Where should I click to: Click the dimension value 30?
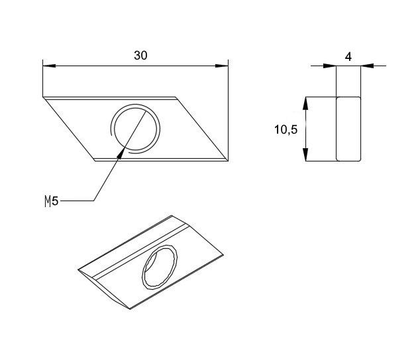coord(140,56)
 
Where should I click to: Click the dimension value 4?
coord(348,57)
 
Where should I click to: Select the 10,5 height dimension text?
coord(286,130)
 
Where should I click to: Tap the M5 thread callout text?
coord(52,201)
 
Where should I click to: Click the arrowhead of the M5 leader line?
coord(121,154)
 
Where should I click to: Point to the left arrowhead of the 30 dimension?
coord(49,66)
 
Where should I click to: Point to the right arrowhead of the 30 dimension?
coord(221,66)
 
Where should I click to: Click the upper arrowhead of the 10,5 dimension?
coord(305,103)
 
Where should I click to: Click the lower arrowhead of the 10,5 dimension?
coord(305,155)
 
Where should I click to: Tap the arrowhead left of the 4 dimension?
coord(330,66)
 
